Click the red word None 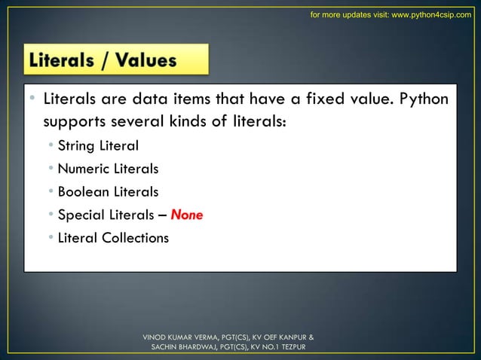(186, 215)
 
